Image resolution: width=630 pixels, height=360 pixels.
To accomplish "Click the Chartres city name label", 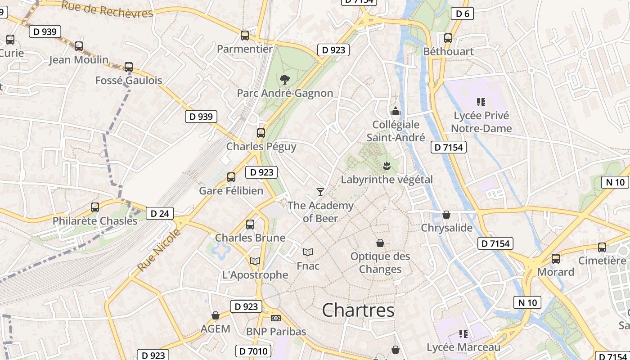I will coord(358,310).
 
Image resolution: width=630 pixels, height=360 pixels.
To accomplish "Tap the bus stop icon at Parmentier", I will coord(245,36).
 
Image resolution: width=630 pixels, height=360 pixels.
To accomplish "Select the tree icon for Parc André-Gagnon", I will coord(284,80).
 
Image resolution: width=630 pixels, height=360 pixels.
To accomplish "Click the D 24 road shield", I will coord(160,213).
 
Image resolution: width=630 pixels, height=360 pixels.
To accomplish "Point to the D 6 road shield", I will coord(462,13).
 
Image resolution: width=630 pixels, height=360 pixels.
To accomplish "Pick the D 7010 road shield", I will coord(253,351).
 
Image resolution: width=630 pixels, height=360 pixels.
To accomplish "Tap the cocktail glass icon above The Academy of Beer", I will coord(320,192).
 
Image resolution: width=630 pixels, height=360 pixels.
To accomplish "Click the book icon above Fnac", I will coord(308,252).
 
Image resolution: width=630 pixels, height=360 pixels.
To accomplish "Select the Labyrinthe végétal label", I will coord(387,180).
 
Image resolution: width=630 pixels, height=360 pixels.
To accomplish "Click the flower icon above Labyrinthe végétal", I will coord(386,166).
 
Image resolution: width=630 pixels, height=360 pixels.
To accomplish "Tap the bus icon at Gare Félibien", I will coord(231,177).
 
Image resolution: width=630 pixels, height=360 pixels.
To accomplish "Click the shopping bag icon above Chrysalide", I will coord(446,215).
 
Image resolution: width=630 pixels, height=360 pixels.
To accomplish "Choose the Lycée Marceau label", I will coord(463,347).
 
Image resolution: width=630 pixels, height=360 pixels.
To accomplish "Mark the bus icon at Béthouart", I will coord(448,38).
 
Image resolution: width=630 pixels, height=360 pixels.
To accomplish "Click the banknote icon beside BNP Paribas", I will coord(276,318).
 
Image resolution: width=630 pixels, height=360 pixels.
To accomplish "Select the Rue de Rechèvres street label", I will coord(107,9).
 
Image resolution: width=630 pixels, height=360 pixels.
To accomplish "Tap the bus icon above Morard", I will coord(556,259).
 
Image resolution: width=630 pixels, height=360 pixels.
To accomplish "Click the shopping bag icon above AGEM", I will coord(216,315).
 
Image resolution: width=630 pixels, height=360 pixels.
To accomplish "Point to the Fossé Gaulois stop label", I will coord(129,81).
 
